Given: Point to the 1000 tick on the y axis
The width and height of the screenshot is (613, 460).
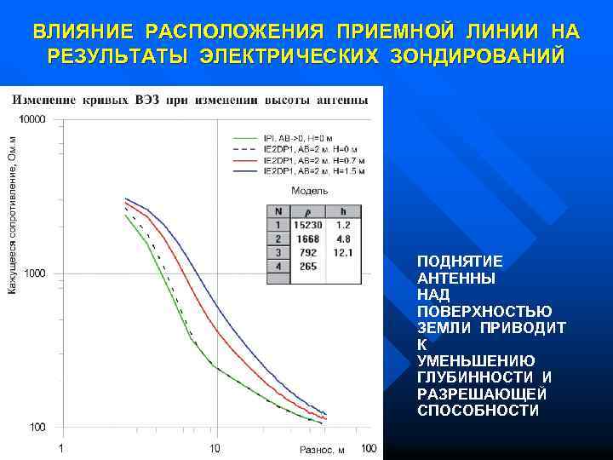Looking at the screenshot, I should click(x=35, y=273).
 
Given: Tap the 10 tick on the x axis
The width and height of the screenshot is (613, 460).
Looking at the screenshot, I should click(x=215, y=448).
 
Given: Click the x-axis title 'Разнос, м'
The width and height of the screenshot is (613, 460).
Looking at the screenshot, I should click(x=322, y=449).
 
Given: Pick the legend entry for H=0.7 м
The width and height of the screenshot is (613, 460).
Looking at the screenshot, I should click(x=314, y=160).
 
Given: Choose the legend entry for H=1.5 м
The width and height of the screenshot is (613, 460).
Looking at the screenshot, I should click(x=314, y=171).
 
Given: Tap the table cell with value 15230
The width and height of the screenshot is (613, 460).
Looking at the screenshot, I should click(x=307, y=225).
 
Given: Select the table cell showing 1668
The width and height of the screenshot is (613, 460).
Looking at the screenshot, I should click(x=308, y=239).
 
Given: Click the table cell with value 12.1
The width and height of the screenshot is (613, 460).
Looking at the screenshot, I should click(x=343, y=253).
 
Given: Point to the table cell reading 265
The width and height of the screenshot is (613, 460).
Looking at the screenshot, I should click(x=308, y=267).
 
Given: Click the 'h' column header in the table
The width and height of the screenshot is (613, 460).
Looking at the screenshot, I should click(x=343, y=211).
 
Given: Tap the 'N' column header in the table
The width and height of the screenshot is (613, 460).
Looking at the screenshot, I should click(x=278, y=211).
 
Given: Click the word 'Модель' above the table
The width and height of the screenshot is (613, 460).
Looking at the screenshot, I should click(x=309, y=191).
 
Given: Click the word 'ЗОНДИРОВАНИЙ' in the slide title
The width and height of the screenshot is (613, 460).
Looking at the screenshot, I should click(x=478, y=57).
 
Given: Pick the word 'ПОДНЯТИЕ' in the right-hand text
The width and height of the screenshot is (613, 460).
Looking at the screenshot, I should click(x=460, y=262).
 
